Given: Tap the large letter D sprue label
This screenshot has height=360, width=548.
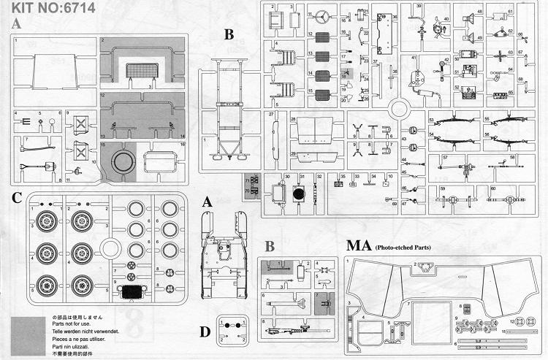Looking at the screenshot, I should click(207, 332).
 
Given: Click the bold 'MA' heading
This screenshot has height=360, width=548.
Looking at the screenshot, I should click(357, 248).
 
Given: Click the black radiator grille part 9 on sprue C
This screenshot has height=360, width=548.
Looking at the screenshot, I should click(134, 293).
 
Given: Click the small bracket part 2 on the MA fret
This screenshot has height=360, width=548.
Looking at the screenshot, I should click(422, 267).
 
